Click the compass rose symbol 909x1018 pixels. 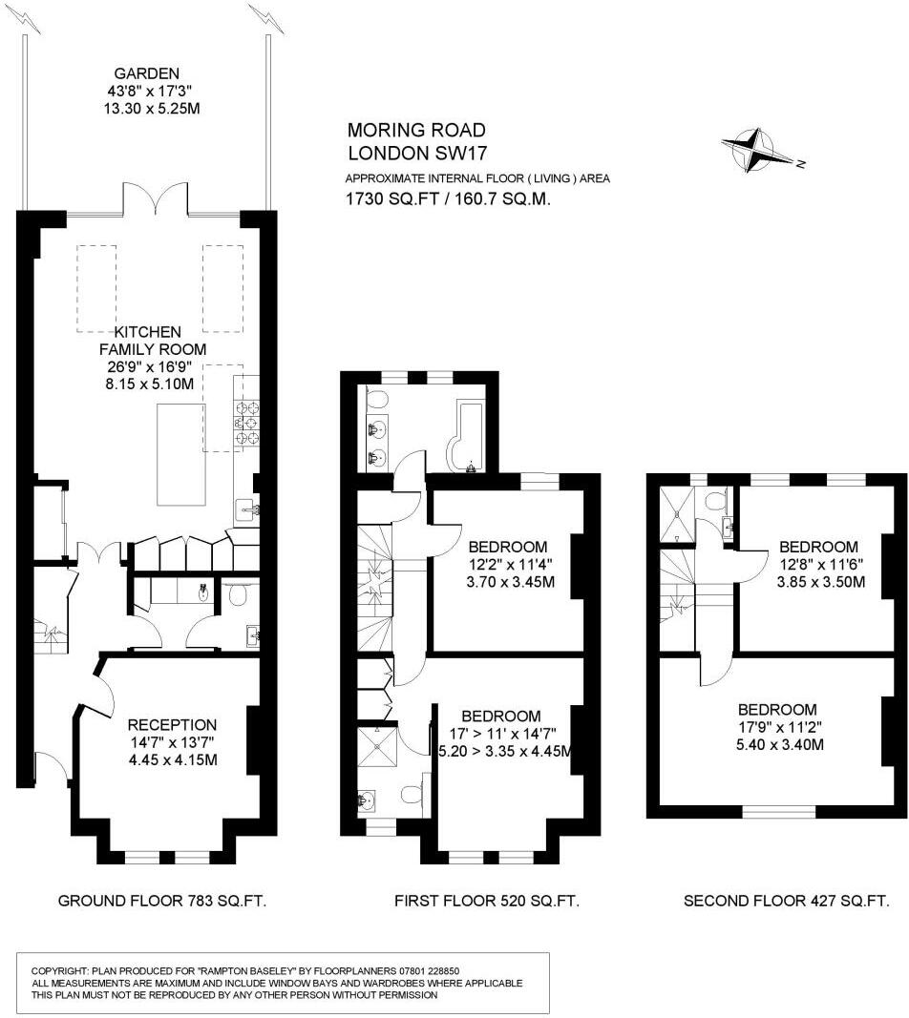click(x=760, y=151)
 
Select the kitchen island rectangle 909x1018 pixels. click(x=181, y=454)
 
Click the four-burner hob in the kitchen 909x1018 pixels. click(x=246, y=421)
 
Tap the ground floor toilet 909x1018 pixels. click(x=239, y=596)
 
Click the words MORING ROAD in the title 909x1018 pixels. click(x=416, y=130)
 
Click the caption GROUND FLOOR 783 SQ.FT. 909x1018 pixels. click(x=162, y=901)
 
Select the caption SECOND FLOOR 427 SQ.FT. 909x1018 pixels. click(x=787, y=901)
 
